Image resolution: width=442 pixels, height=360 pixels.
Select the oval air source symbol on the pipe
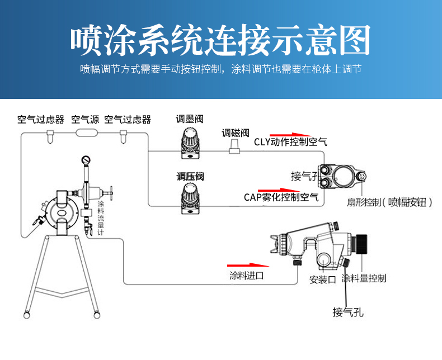coord(87,132)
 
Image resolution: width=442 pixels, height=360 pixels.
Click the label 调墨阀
coord(189,119)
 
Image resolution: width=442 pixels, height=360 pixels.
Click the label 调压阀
coord(190,177)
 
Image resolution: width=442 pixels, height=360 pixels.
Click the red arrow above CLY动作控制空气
coord(286,134)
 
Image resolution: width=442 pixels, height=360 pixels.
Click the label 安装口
coord(322,279)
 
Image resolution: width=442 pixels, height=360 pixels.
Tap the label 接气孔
coord(347,312)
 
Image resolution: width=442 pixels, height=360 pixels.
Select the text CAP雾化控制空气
coord(281,197)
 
